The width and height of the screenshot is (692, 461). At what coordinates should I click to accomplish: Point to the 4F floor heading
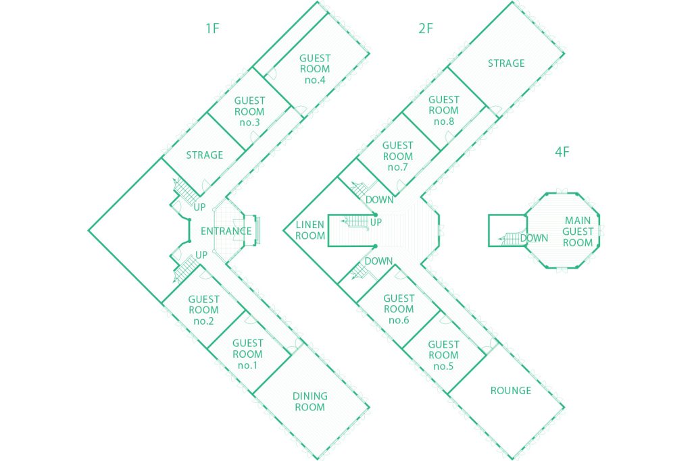[562, 151]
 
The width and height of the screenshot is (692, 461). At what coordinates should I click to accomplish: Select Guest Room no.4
[315, 69]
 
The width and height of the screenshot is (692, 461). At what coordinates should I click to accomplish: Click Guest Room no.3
[249, 111]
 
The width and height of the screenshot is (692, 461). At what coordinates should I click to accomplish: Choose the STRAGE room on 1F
[205, 155]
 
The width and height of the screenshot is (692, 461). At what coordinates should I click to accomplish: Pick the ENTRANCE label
[226, 232]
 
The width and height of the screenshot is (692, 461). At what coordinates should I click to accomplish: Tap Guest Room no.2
[203, 310]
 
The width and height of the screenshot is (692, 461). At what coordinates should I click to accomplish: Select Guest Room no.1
[248, 354]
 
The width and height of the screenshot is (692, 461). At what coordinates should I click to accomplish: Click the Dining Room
[310, 401]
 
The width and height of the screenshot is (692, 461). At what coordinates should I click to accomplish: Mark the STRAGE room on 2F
[506, 63]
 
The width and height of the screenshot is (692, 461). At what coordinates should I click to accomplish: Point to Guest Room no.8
[443, 110]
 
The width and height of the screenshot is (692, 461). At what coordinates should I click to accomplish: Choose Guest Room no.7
[397, 156]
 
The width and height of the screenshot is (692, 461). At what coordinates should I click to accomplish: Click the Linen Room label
[311, 230]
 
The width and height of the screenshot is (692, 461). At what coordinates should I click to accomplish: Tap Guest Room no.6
[399, 309]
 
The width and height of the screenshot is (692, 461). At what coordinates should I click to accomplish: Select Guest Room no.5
[443, 355]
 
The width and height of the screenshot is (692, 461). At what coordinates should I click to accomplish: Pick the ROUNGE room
[511, 391]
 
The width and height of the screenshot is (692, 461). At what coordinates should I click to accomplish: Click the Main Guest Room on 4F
[578, 232]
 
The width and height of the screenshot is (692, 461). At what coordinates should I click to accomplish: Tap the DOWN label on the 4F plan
[534, 238]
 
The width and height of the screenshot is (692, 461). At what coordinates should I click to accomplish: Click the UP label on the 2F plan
[376, 221]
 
